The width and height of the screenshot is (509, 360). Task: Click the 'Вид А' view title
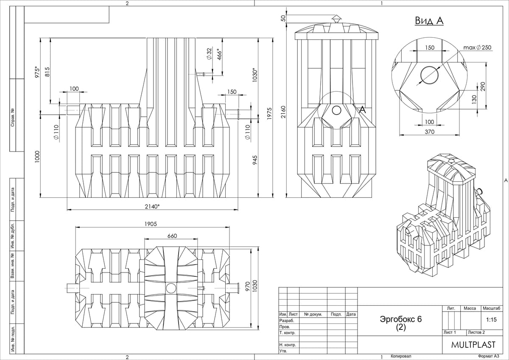(x=429, y=21)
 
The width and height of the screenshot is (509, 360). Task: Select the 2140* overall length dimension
(x=152, y=206)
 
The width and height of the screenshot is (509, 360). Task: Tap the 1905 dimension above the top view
(x=151, y=224)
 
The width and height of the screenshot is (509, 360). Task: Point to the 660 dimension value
(x=172, y=236)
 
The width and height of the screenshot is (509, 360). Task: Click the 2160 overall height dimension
(x=283, y=112)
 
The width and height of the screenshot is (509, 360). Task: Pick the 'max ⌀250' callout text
(x=477, y=48)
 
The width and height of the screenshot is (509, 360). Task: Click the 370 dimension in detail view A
(x=429, y=132)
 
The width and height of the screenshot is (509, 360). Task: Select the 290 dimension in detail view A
(x=483, y=87)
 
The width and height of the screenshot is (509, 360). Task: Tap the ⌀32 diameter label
(x=209, y=53)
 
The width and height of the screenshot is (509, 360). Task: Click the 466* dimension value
(x=219, y=54)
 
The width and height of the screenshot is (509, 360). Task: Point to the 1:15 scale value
(x=491, y=320)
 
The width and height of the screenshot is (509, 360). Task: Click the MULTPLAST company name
(x=473, y=345)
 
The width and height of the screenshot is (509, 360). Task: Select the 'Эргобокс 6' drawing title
(x=401, y=319)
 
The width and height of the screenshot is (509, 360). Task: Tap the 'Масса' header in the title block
(x=470, y=308)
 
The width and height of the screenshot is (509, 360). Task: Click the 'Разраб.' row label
(x=287, y=321)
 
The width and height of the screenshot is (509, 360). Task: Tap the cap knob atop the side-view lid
(x=336, y=19)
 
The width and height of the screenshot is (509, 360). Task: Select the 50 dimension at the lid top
(x=283, y=19)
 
